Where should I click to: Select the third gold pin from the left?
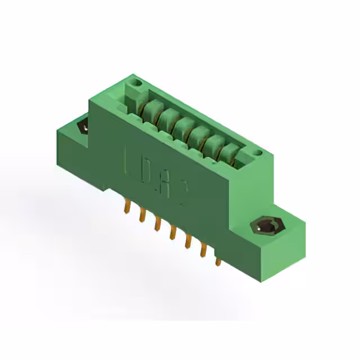[157, 223]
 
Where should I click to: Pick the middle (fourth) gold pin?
[173, 231]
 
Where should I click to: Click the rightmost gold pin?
[218, 260]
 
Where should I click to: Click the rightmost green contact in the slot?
[230, 153]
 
